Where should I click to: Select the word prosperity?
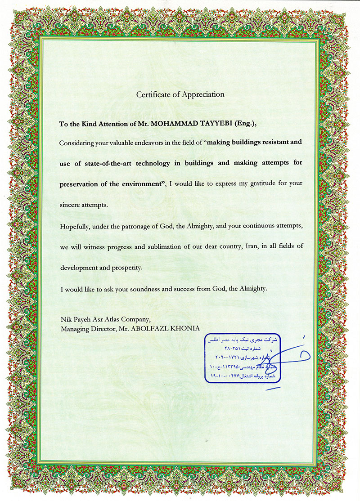126,267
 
